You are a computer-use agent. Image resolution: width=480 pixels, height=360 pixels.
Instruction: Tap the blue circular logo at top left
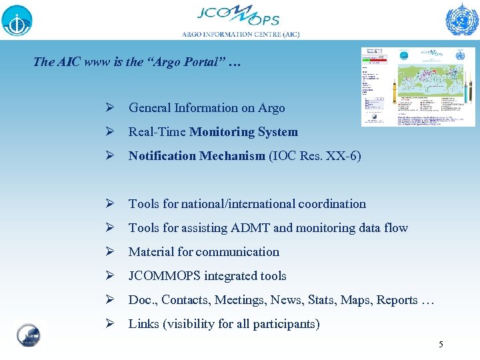[x=17, y=19]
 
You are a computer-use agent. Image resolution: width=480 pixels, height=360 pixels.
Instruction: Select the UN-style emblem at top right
[x=461, y=19]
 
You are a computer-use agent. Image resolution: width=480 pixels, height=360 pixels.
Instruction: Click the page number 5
[x=440, y=345]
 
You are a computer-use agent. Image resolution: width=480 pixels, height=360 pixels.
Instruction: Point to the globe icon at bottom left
[x=28, y=335]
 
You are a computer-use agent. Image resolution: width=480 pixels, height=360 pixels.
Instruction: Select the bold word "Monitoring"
[x=218, y=132]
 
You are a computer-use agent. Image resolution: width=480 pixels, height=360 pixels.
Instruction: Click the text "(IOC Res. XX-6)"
[x=315, y=156]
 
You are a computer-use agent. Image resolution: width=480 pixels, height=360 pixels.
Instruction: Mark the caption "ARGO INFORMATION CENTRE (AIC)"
[x=241, y=34]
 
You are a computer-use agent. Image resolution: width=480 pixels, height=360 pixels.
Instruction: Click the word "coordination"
[x=332, y=204]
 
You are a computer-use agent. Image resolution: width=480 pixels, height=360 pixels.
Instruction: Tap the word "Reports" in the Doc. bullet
[x=397, y=300]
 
